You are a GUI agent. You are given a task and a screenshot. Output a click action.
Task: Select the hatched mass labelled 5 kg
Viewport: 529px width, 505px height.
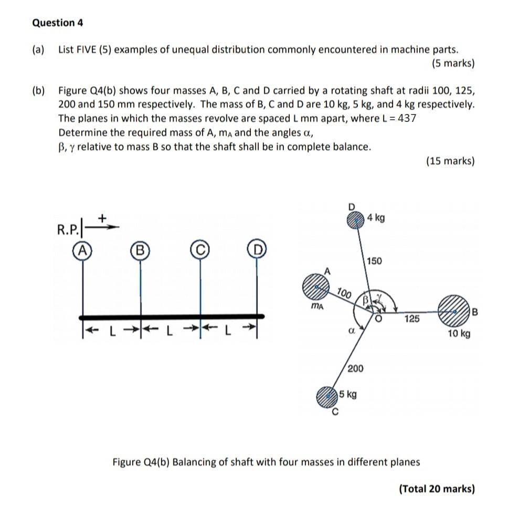pyautogui.click(x=326, y=397)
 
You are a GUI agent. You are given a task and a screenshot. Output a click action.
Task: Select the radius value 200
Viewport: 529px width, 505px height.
pyautogui.click(x=355, y=368)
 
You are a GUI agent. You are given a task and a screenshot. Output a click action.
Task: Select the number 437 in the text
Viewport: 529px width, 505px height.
pyautogui.click(x=407, y=118)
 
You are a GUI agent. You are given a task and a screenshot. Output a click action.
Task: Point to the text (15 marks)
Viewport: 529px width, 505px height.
pyautogui.click(x=450, y=161)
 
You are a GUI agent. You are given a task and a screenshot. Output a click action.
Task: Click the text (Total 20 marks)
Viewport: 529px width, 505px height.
pyautogui.click(x=437, y=489)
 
